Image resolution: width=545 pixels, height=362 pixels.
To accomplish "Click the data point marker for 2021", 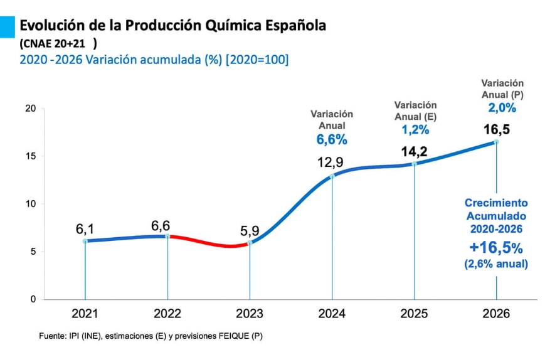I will click(85, 241).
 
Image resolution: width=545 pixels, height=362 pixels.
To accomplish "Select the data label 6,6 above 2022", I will click(161, 226).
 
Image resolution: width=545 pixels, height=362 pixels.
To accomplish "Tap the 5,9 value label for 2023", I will click(250, 231).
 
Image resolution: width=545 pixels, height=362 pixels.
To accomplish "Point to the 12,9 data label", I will click(330, 162).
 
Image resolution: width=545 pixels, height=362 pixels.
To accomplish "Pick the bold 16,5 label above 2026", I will click(496, 130).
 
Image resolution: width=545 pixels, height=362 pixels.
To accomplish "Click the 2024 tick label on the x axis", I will click(332, 314).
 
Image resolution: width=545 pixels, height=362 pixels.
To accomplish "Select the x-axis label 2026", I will click(497, 314).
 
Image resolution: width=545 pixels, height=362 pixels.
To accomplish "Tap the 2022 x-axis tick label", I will click(167, 314).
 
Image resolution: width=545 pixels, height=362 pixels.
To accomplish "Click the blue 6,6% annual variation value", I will click(332, 140).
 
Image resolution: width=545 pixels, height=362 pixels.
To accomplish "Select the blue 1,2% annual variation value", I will click(415, 130).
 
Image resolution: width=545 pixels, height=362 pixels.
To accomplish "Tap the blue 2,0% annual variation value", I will click(502, 108).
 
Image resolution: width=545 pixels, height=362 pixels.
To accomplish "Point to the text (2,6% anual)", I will click(496, 264).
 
